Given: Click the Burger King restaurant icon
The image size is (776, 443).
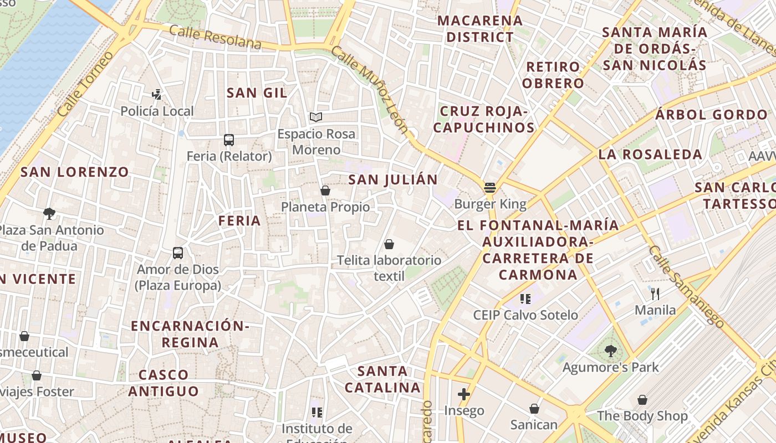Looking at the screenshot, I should click(x=489, y=187).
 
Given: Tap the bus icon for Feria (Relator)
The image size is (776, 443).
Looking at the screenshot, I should click(x=229, y=140).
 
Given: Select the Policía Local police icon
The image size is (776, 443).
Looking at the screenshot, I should click(x=157, y=94).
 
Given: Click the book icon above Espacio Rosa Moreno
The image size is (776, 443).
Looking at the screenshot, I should click(x=316, y=117).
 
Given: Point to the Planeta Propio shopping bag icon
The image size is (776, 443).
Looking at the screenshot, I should click(x=325, y=190).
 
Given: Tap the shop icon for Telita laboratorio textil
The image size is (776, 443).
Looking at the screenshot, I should click(x=389, y=244).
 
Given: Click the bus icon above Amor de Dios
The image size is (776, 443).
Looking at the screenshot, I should click(x=178, y=253).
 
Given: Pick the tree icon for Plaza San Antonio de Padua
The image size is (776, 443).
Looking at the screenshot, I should click(x=49, y=213).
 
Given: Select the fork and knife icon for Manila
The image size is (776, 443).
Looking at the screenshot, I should click(x=655, y=293).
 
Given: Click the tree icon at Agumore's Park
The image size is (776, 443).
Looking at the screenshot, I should click(x=611, y=350).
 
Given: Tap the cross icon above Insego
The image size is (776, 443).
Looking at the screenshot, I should click(x=464, y=394).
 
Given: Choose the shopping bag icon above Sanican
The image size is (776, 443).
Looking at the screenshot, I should click(x=534, y=409).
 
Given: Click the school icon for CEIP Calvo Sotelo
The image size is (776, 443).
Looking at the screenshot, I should click(x=525, y=299).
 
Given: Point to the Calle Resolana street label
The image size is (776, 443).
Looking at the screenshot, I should click(x=215, y=37).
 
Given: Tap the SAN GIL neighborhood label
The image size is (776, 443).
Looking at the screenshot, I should click(x=257, y=93).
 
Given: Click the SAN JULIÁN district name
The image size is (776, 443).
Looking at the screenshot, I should click(x=392, y=179).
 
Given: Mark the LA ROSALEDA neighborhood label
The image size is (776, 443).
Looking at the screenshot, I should click(x=650, y=154).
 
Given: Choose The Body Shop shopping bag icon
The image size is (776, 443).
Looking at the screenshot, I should click(x=642, y=399).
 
